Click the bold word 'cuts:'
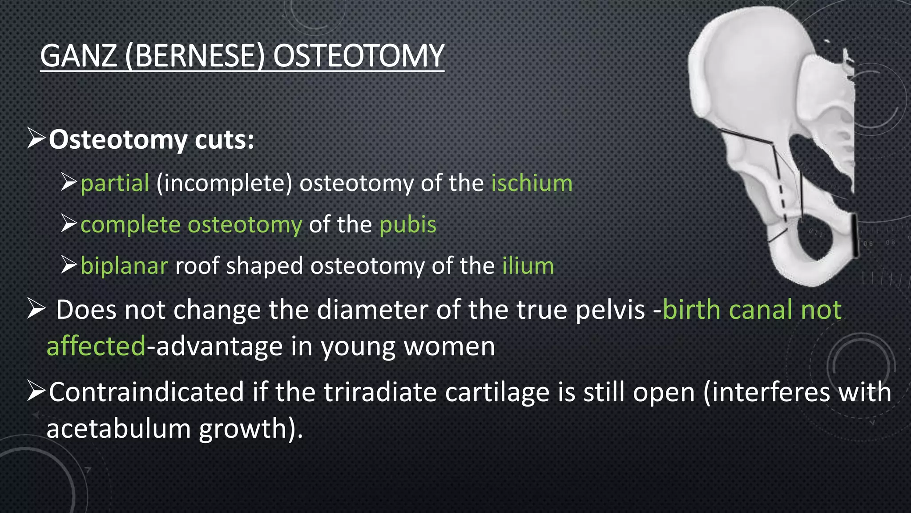(x=224, y=140)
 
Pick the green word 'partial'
(x=115, y=183)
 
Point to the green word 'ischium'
(x=532, y=183)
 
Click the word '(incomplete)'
(x=224, y=183)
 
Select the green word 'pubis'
(x=407, y=224)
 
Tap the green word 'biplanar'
(x=124, y=266)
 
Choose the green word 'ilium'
(x=528, y=266)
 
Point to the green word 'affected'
(x=96, y=346)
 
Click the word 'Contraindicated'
(x=146, y=392)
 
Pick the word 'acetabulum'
(x=118, y=429)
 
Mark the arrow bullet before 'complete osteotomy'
(x=69, y=224)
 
